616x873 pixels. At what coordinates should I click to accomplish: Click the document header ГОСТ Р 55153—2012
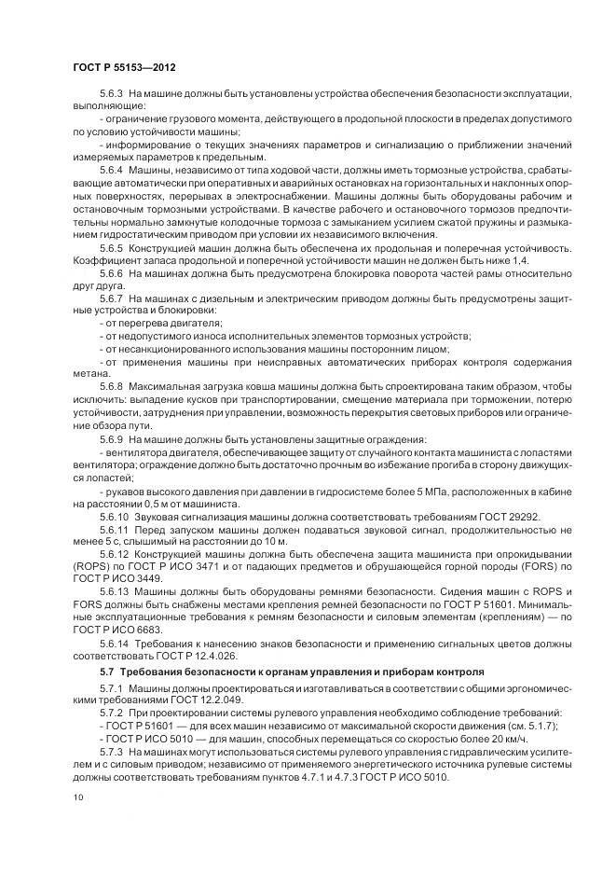click(124, 69)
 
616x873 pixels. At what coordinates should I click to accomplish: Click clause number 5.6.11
click(113, 528)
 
